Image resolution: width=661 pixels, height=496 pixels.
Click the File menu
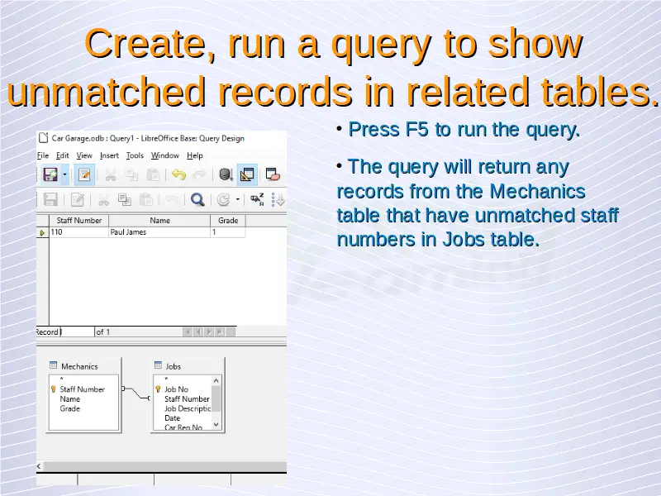point(43,155)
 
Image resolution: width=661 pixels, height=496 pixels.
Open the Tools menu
point(135,155)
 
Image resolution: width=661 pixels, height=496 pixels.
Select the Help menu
point(195,155)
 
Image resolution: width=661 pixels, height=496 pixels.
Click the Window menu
point(164,155)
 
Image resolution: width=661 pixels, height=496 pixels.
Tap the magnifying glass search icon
point(197,199)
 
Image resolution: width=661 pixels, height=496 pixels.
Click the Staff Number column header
point(78,221)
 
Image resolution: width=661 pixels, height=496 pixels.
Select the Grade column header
point(228,221)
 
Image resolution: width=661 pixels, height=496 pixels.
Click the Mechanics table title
point(79,366)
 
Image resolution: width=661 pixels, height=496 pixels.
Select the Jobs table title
point(173,366)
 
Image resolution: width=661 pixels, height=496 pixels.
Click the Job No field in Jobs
point(176,389)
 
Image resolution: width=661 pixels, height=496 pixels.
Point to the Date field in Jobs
point(172,418)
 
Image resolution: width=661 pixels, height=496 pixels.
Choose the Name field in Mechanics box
point(70,399)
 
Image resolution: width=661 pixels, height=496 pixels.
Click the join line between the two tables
point(136,393)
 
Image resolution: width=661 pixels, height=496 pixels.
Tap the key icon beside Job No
point(158,389)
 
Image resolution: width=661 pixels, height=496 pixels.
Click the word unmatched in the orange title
point(107,92)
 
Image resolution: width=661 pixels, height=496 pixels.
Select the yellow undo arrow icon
point(178,174)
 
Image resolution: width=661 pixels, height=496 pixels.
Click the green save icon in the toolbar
point(50,174)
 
